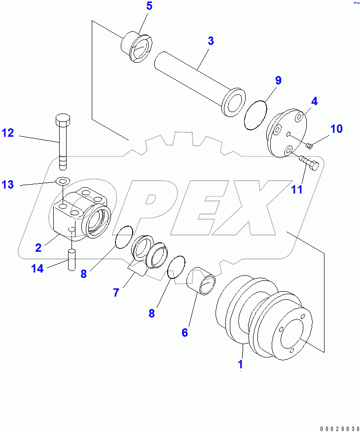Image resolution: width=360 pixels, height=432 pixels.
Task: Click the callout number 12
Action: click(x=7, y=133)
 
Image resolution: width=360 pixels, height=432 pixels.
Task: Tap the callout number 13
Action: click(x=7, y=185)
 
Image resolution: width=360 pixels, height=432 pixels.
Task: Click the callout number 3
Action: click(x=211, y=41)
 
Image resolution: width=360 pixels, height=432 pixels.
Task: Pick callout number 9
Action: click(x=278, y=80)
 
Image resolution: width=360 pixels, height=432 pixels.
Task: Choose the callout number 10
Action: click(x=336, y=129)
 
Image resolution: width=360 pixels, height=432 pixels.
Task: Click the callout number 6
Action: click(x=184, y=332)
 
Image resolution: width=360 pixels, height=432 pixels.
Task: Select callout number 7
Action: click(x=116, y=292)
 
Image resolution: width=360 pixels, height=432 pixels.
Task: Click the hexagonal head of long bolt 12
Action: click(x=63, y=119)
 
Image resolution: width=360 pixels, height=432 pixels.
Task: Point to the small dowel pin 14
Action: click(x=71, y=259)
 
